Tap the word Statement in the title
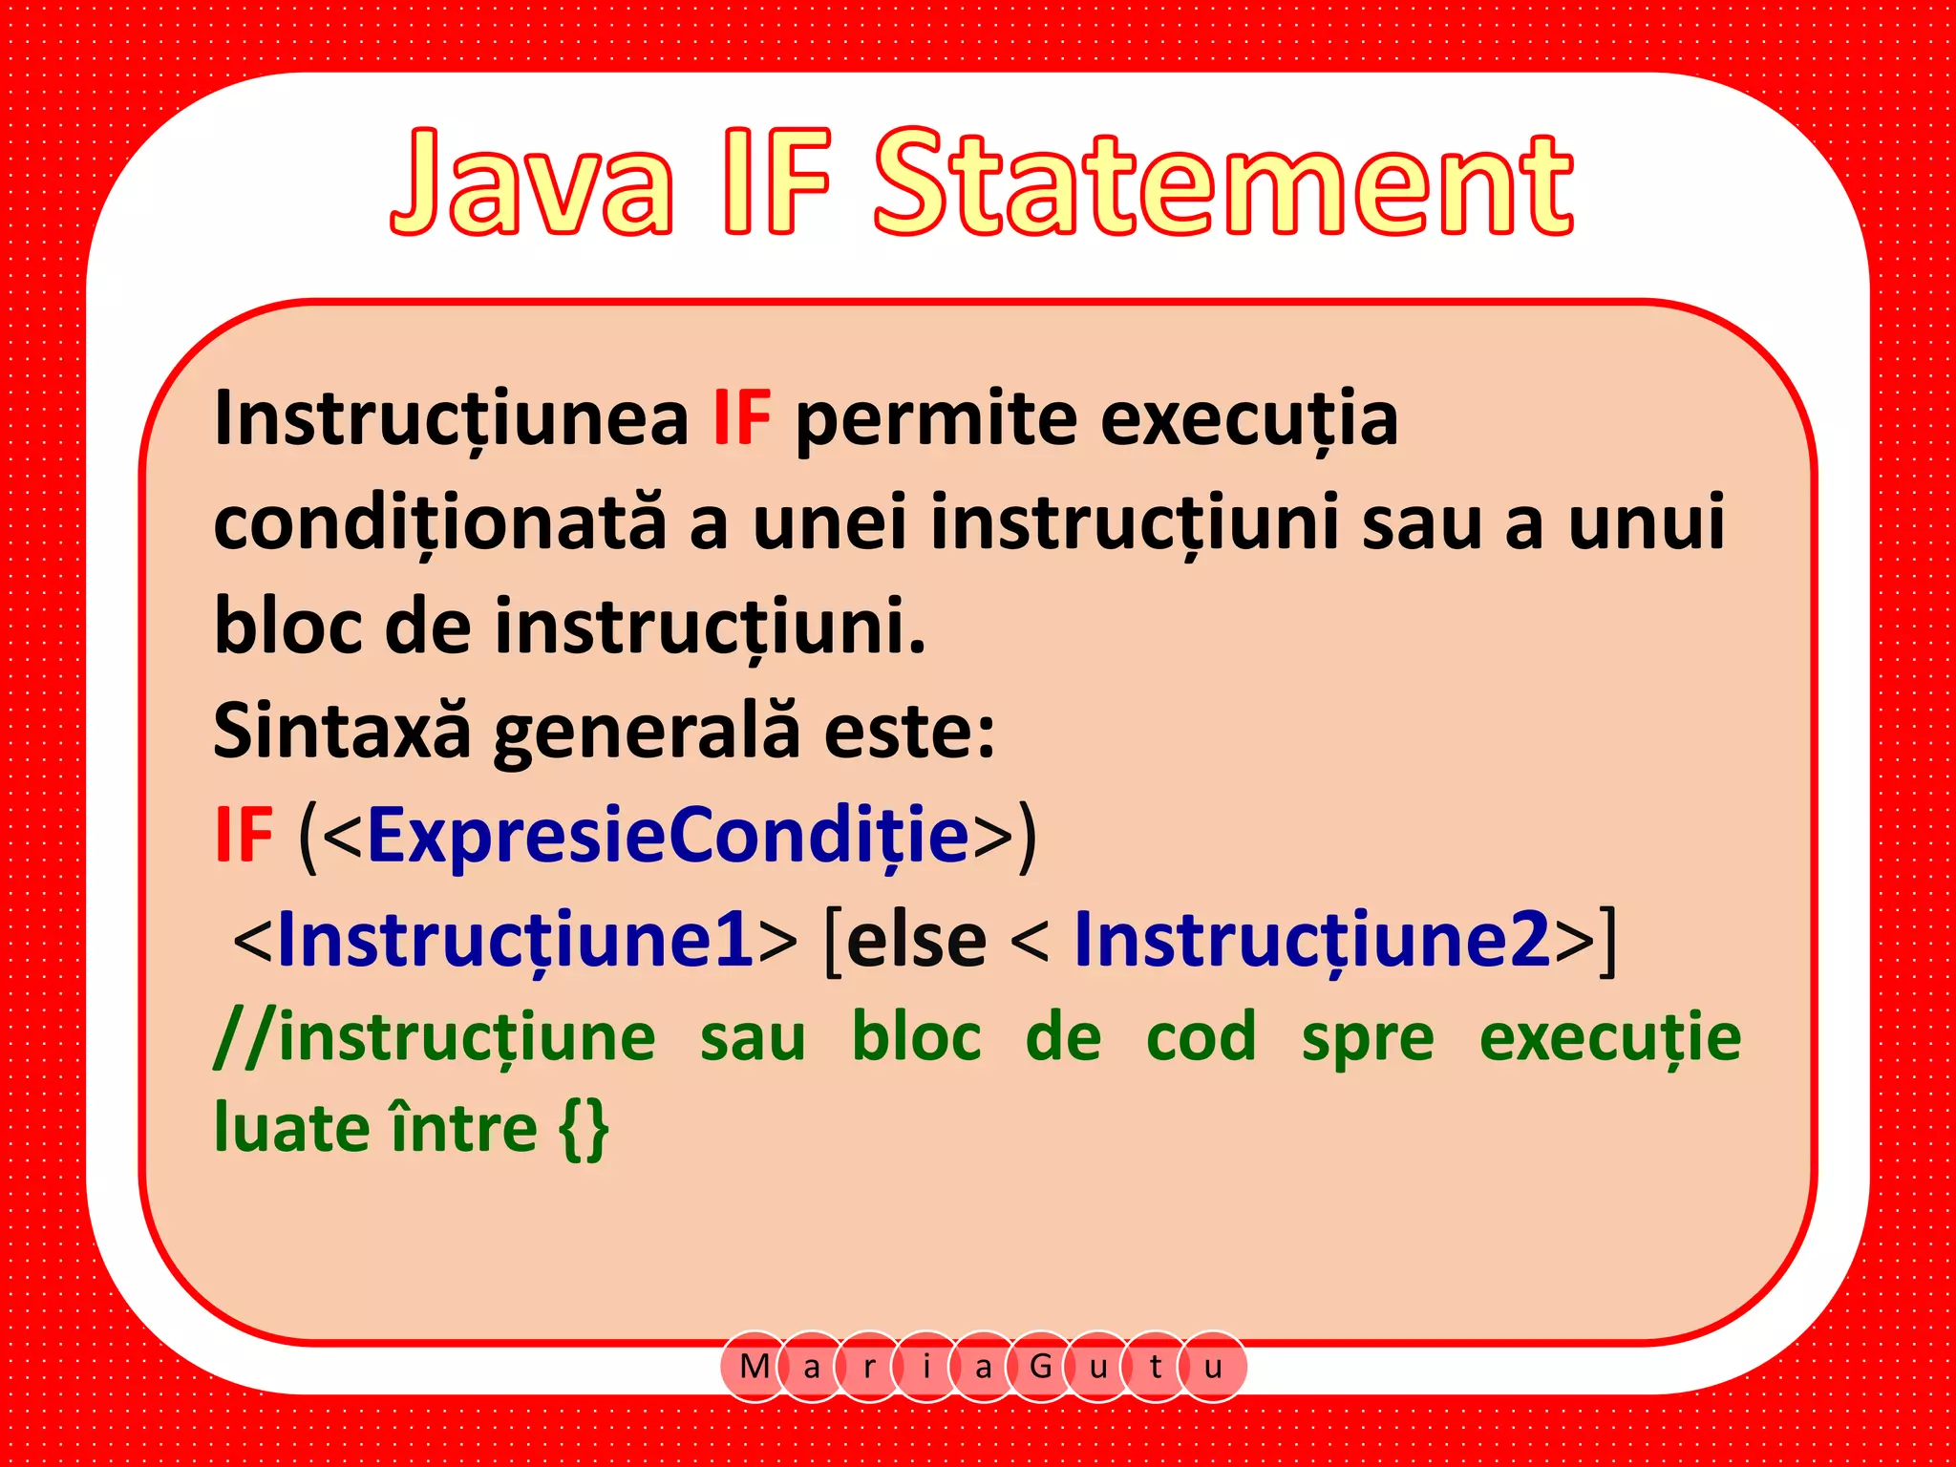[1223, 183]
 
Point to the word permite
[936, 420]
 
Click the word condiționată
[439, 523]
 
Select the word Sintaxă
[342, 732]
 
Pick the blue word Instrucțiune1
[516, 941]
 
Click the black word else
[916, 941]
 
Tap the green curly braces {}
[584, 1129]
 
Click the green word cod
[1201, 1037]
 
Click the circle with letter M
[755, 1367]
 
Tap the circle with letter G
[1040, 1367]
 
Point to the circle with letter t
[1156, 1367]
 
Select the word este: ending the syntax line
[909, 732]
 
